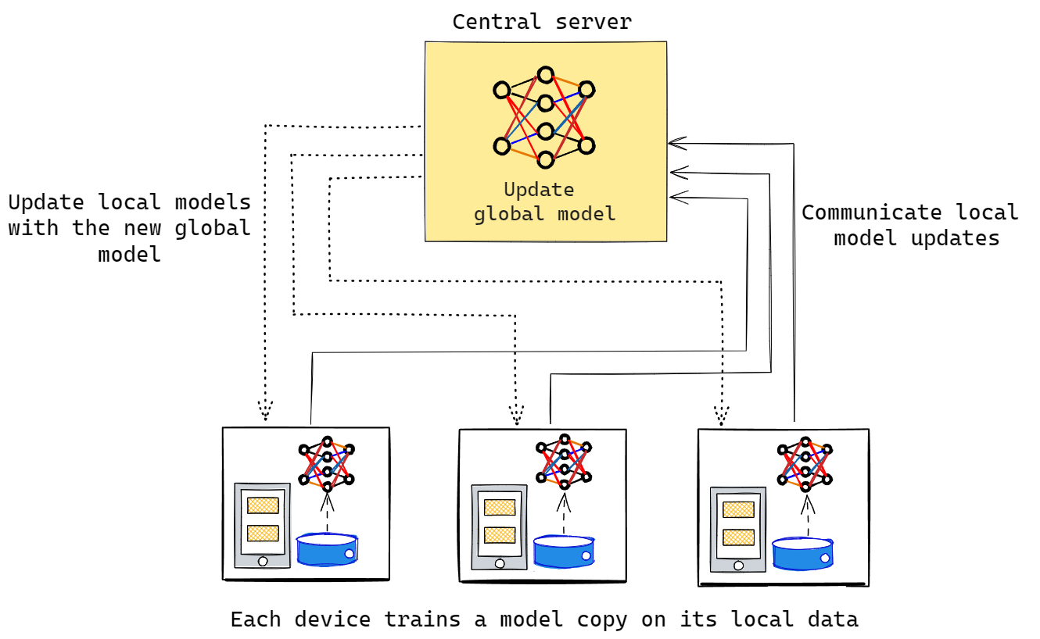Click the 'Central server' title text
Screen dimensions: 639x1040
coord(542,21)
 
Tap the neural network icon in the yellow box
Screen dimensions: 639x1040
coord(544,117)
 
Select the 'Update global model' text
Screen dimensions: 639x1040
coord(544,202)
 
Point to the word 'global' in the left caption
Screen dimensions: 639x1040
coord(211,228)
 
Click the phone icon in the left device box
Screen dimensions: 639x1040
coord(263,525)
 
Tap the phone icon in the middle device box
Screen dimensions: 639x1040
coord(499,527)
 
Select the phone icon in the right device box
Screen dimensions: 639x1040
coord(737,530)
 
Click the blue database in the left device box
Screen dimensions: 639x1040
coord(327,549)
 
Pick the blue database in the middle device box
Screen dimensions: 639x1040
coord(564,551)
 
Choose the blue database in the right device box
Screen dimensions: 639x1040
coord(802,552)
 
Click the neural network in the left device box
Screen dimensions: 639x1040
coord(327,464)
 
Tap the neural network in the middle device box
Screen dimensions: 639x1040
coord(564,460)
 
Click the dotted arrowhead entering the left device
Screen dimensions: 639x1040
coord(264,411)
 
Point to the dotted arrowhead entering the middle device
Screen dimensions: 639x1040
coord(516,415)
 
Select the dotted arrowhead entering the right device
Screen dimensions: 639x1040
coord(721,415)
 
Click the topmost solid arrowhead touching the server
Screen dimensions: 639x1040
coord(676,143)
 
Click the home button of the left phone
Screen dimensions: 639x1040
coord(263,561)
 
